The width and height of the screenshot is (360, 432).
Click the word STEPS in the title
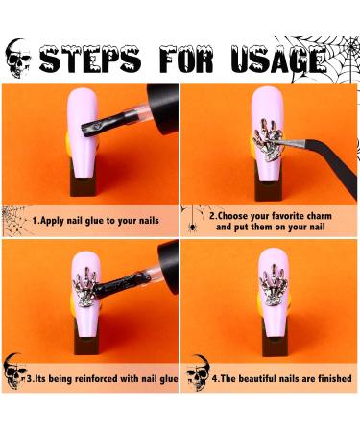89,60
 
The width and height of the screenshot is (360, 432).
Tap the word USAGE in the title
277,60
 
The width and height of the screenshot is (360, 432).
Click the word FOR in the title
186,60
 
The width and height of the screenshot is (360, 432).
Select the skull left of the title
18,59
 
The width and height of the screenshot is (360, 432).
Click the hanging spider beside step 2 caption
192,227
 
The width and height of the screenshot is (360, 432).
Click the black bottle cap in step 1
162,108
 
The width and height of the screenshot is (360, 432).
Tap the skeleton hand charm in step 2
268,140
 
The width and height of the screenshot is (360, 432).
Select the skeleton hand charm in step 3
85,286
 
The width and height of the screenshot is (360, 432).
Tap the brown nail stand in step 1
83,186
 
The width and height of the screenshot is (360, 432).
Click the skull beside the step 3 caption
14,372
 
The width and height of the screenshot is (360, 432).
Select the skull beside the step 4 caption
198,372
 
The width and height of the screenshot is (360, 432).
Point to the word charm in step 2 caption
319,216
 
